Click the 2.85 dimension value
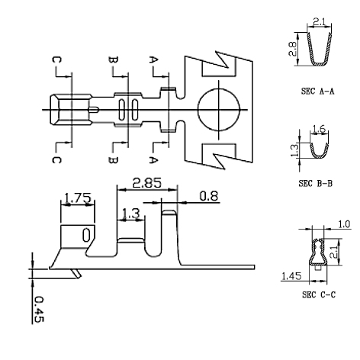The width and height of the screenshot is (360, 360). (x=146, y=183)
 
